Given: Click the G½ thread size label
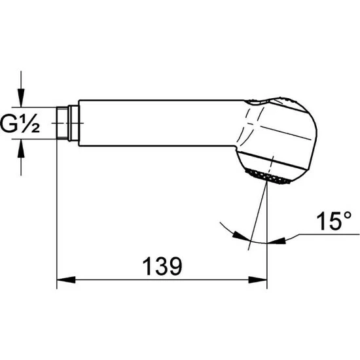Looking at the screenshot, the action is (x=20, y=123).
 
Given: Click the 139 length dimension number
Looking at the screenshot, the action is (x=162, y=266).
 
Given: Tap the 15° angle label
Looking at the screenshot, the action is (x=334, y=221).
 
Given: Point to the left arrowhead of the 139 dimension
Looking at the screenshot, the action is (x=66, y=279).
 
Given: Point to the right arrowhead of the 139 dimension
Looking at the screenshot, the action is (x=258, y=279).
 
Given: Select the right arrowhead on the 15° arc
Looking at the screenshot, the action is (x=276, y=241).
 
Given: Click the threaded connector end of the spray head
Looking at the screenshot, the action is (x=62, y=123).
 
